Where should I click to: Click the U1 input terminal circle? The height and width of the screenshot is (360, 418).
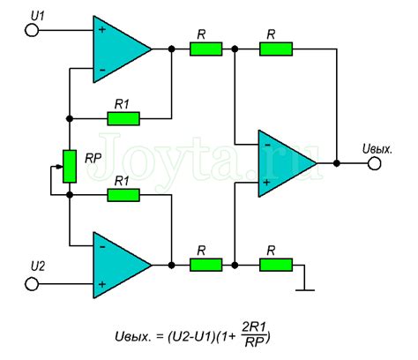(x=32, y=30)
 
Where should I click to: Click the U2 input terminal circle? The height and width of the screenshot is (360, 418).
(x=32, y=284)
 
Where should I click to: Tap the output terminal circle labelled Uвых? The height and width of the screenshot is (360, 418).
(x=375, y=163)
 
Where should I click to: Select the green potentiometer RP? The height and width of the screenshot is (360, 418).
(x=70, y=167)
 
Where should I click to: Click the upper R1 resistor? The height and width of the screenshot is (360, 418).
(x=123, y=118)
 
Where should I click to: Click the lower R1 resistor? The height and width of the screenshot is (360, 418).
(x=123, y=195)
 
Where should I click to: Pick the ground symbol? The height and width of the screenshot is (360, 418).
(x=305, y=290)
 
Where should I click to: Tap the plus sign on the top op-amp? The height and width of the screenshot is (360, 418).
(x=102, y=29)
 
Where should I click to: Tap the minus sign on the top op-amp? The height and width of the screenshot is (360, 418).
(x=102, y=70)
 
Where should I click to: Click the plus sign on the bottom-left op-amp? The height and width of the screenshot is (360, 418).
(x=102, y=284)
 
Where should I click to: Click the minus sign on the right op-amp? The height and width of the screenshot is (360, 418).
(x=267, y=145)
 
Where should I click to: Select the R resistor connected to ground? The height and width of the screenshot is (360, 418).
(x=276, y=265)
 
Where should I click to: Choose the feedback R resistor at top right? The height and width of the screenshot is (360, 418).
(x=276, y=49)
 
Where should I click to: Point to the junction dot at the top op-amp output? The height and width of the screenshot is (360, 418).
(x=171, y=49)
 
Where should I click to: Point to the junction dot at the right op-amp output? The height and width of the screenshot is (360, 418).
(x=337, y=163)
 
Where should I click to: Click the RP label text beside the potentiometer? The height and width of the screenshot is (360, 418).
(x=93, y=159)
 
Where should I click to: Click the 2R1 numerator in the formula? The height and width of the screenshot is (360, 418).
(x=254, y=327)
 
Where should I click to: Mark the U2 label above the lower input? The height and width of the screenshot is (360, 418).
(x=38, y=266)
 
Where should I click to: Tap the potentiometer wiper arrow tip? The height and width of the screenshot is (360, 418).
(x=62, y=167)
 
